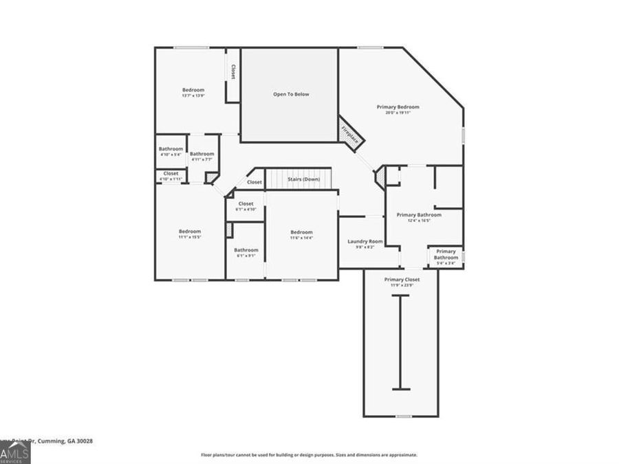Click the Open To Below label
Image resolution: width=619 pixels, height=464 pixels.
(291, 94)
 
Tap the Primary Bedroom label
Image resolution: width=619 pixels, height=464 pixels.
(398, 107)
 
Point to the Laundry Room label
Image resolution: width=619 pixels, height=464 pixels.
(365, 241)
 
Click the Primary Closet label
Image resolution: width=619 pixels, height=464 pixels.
(402, 280)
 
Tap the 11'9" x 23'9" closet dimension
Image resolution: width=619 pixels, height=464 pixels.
(402, 286)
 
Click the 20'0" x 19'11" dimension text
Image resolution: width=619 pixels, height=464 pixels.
(398, 113)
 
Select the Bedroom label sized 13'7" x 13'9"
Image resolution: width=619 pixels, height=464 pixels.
(193, 90)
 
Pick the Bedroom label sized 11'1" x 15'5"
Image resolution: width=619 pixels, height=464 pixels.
(190, 231)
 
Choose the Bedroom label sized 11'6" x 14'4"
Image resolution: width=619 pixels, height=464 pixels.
(301, 232)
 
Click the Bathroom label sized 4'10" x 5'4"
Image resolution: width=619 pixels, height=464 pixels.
(171, 149)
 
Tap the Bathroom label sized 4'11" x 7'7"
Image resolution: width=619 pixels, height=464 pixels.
(202, 154)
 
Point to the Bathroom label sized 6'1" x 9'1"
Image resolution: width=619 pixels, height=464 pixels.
(246, 250)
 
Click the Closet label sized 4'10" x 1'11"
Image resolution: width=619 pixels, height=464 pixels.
(171, 173)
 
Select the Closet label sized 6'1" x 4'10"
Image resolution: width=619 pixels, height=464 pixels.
(246, 203)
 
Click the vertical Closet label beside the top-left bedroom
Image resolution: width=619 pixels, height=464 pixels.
(233, 72)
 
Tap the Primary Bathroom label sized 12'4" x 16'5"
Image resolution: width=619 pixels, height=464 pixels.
(419, 214)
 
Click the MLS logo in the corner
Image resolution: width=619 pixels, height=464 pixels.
(14, 453)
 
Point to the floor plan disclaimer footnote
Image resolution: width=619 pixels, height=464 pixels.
(309, 455)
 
